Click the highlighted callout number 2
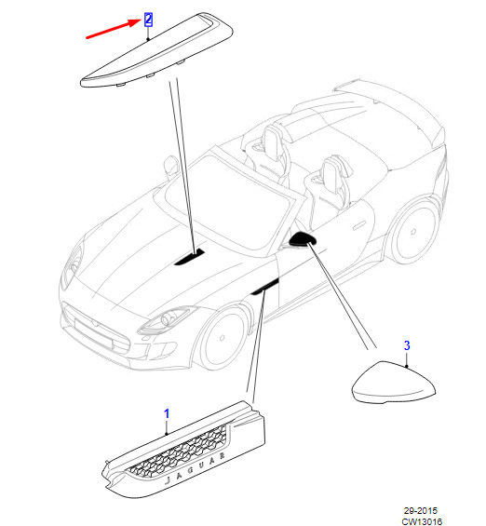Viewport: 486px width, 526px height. (148, 20)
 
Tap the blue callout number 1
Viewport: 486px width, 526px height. (167, 413)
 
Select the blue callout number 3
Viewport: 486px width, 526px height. (407, 345)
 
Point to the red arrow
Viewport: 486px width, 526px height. (113, 29)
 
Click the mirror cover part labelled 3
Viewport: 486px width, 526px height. (394, 383)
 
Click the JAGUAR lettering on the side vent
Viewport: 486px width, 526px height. (196, 467)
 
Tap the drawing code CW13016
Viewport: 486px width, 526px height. (422, 521)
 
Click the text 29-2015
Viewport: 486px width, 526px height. (420, 510)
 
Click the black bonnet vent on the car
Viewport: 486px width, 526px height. (189, 257)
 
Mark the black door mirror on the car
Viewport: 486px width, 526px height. (303, 238)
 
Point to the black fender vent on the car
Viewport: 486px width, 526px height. (265, 287)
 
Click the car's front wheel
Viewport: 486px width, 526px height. (223, 338)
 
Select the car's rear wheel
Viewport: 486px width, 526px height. (413, 232)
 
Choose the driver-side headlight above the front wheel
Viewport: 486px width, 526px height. (167, 319)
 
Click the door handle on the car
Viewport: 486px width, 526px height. (359, 224)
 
